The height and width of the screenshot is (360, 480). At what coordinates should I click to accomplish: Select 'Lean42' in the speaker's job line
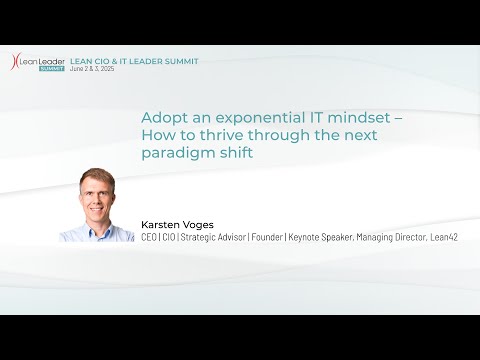(443, 237)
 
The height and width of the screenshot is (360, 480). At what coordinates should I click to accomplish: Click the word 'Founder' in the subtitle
(265, 237)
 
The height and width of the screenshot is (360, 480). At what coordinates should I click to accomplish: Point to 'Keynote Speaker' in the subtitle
(321, 237)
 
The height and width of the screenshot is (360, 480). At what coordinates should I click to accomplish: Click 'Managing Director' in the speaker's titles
(390, 237)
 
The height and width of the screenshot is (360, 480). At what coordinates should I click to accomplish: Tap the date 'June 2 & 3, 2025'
(100, 70)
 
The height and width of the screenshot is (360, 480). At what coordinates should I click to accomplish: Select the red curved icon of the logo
(15, 63)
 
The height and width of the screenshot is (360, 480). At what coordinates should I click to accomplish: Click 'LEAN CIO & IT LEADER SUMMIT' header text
(134, 61)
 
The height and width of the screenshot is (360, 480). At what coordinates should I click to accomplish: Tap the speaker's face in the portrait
(97, 197)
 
